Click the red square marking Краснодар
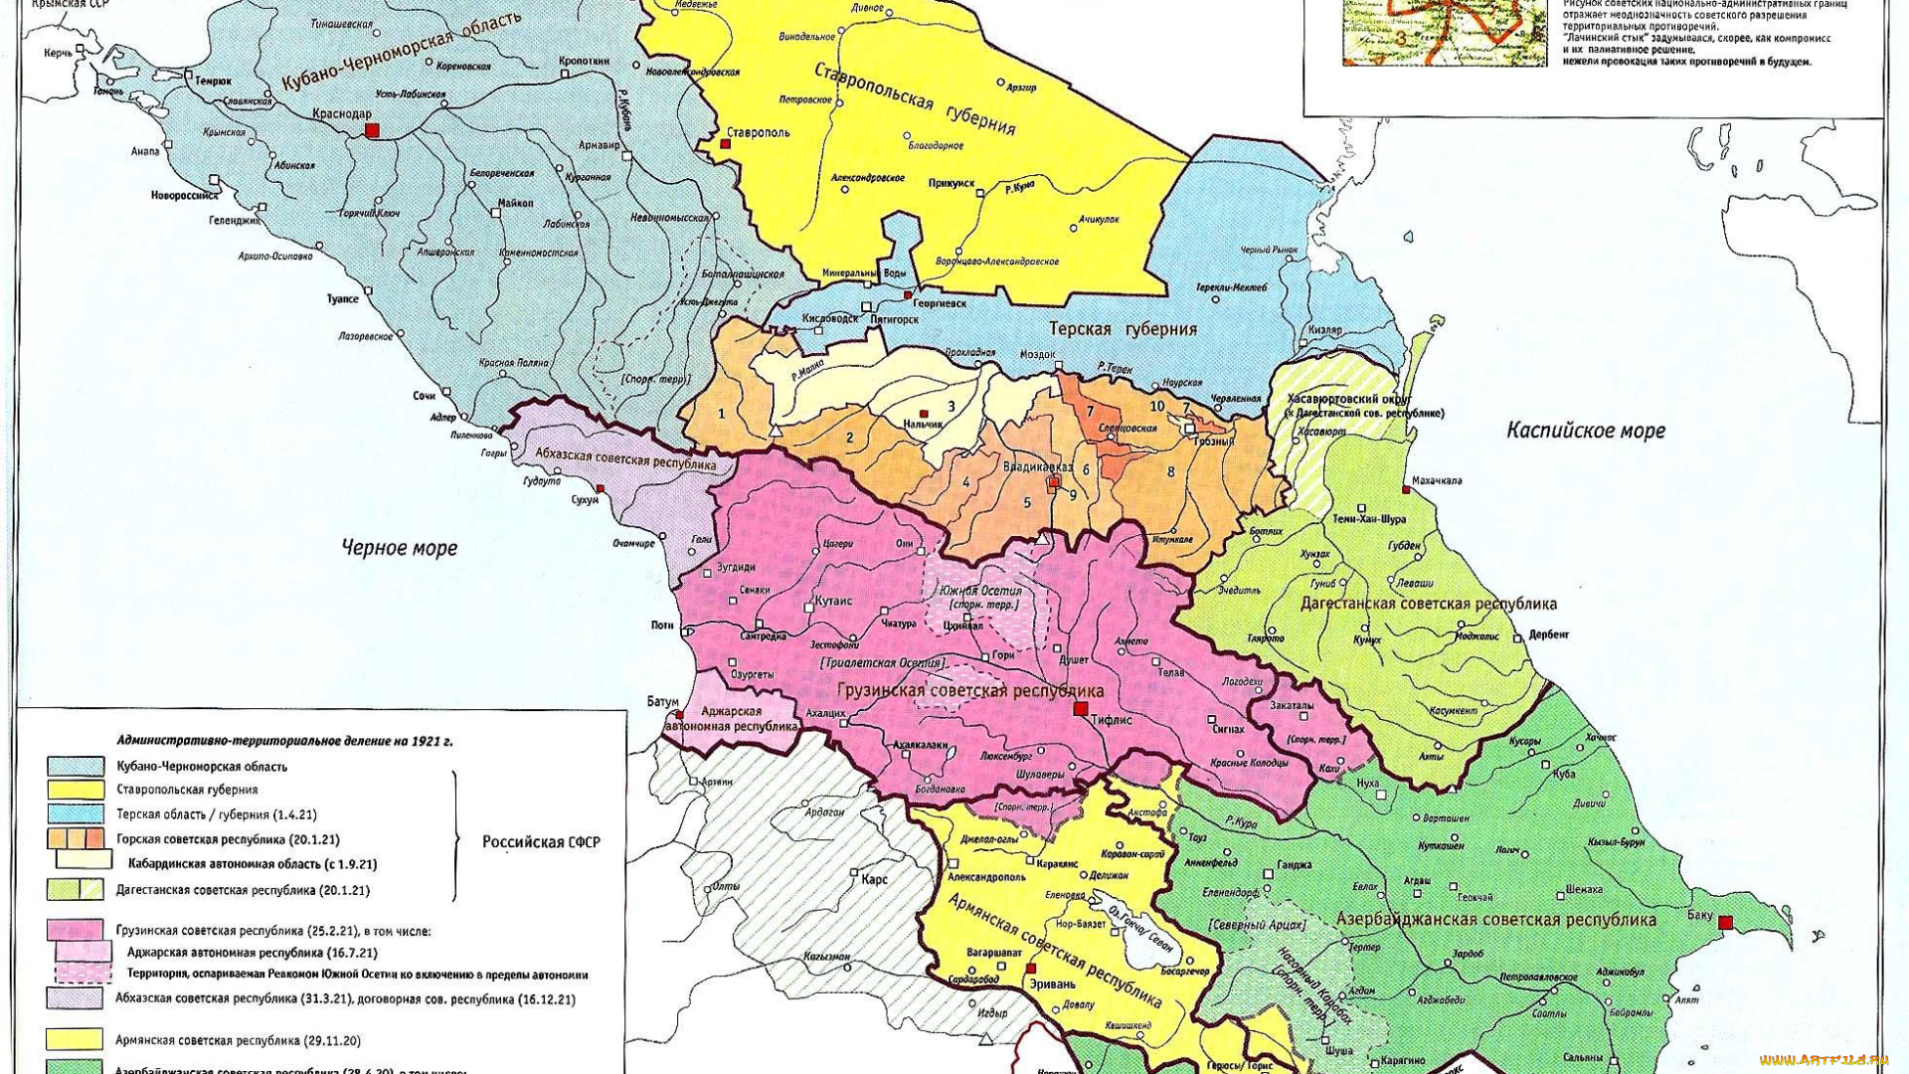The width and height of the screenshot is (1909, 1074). pos(372,130)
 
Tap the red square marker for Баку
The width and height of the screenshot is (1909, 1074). pos(1725,923)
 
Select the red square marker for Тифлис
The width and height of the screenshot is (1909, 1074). pos(1081,709)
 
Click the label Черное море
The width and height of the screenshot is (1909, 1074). pos(399,548)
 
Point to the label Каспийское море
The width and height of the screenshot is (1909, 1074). pos(1585,431)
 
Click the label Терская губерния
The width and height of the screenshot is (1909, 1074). pos(1124,329)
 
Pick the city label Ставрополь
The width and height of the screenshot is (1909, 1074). pos(758,132)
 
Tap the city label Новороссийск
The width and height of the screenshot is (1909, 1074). pos(184,195)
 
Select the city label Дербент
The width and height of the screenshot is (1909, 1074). pos(1548,634)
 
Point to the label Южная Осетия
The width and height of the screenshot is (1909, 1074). pos(979,591)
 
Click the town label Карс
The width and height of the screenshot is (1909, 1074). pos(874,879)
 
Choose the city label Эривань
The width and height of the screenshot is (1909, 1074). pos(1051,984)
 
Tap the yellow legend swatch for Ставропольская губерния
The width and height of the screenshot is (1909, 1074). pos(76,790)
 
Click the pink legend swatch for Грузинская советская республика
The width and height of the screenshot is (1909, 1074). pos(76,931)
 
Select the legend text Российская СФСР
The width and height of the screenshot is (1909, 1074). pos(541,842)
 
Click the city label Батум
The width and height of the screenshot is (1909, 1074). pos(662,702)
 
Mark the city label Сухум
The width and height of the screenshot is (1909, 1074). pos(585,499)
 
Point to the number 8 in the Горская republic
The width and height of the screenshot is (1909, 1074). pos(1170,471)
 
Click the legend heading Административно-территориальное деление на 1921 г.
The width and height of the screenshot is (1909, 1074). pos(284,741)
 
